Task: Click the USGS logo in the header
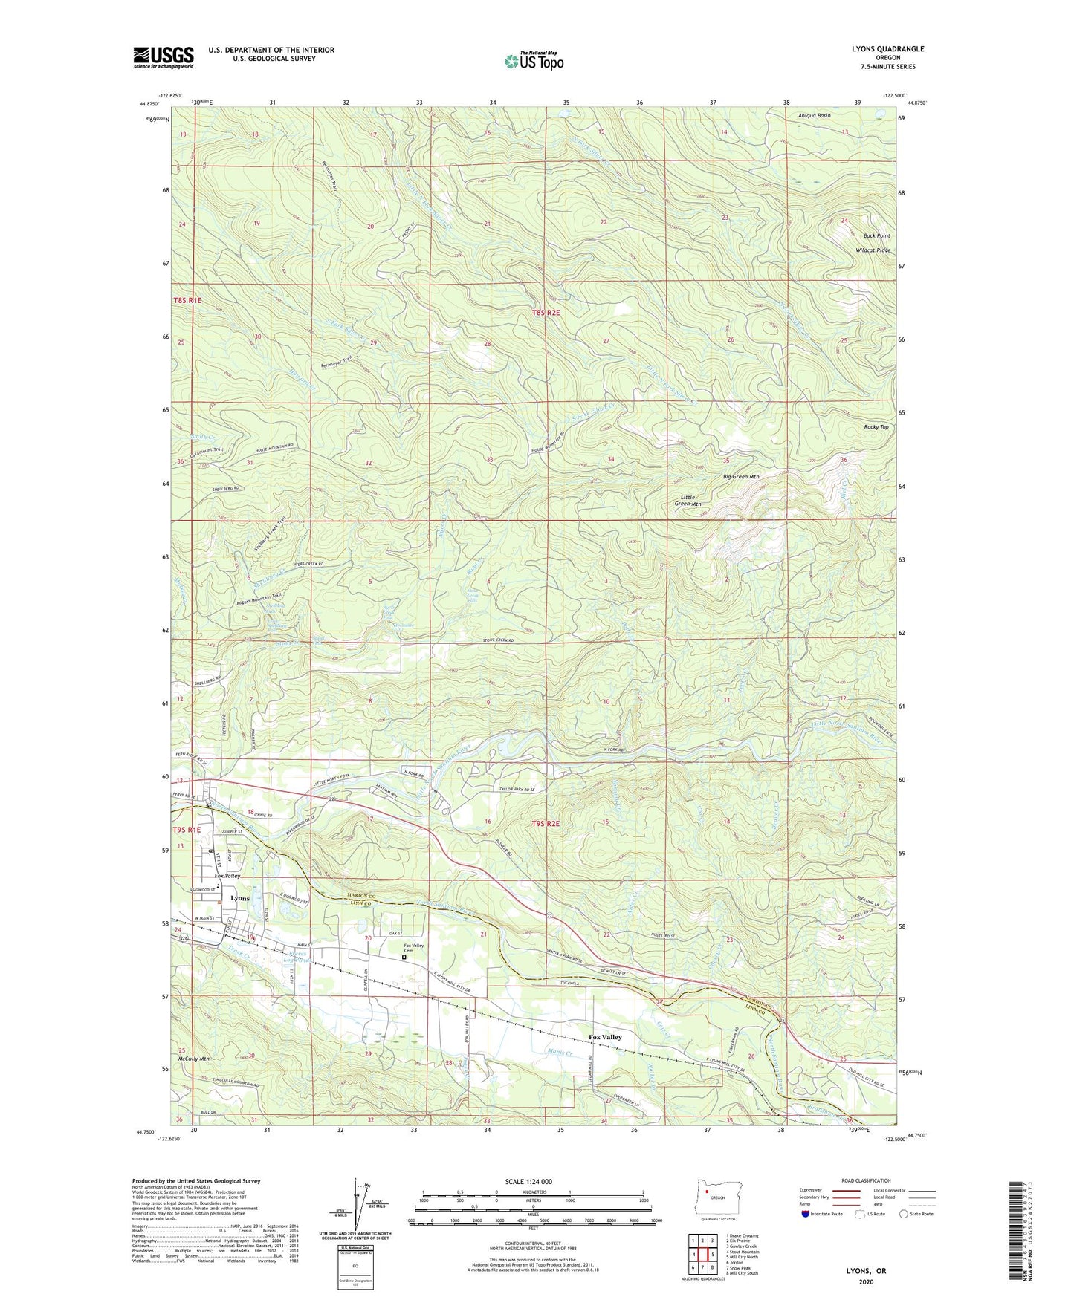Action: click(x=164, y=57)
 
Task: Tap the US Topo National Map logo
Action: click(x=534, y=61)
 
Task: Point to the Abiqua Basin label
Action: click(x=814, y=116)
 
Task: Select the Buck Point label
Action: click(x=876, y=235)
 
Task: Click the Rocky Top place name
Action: click(x=876, y=427)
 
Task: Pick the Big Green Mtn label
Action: click(x=741, y=476)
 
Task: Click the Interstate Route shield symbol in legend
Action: click(x=806, y=1214)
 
